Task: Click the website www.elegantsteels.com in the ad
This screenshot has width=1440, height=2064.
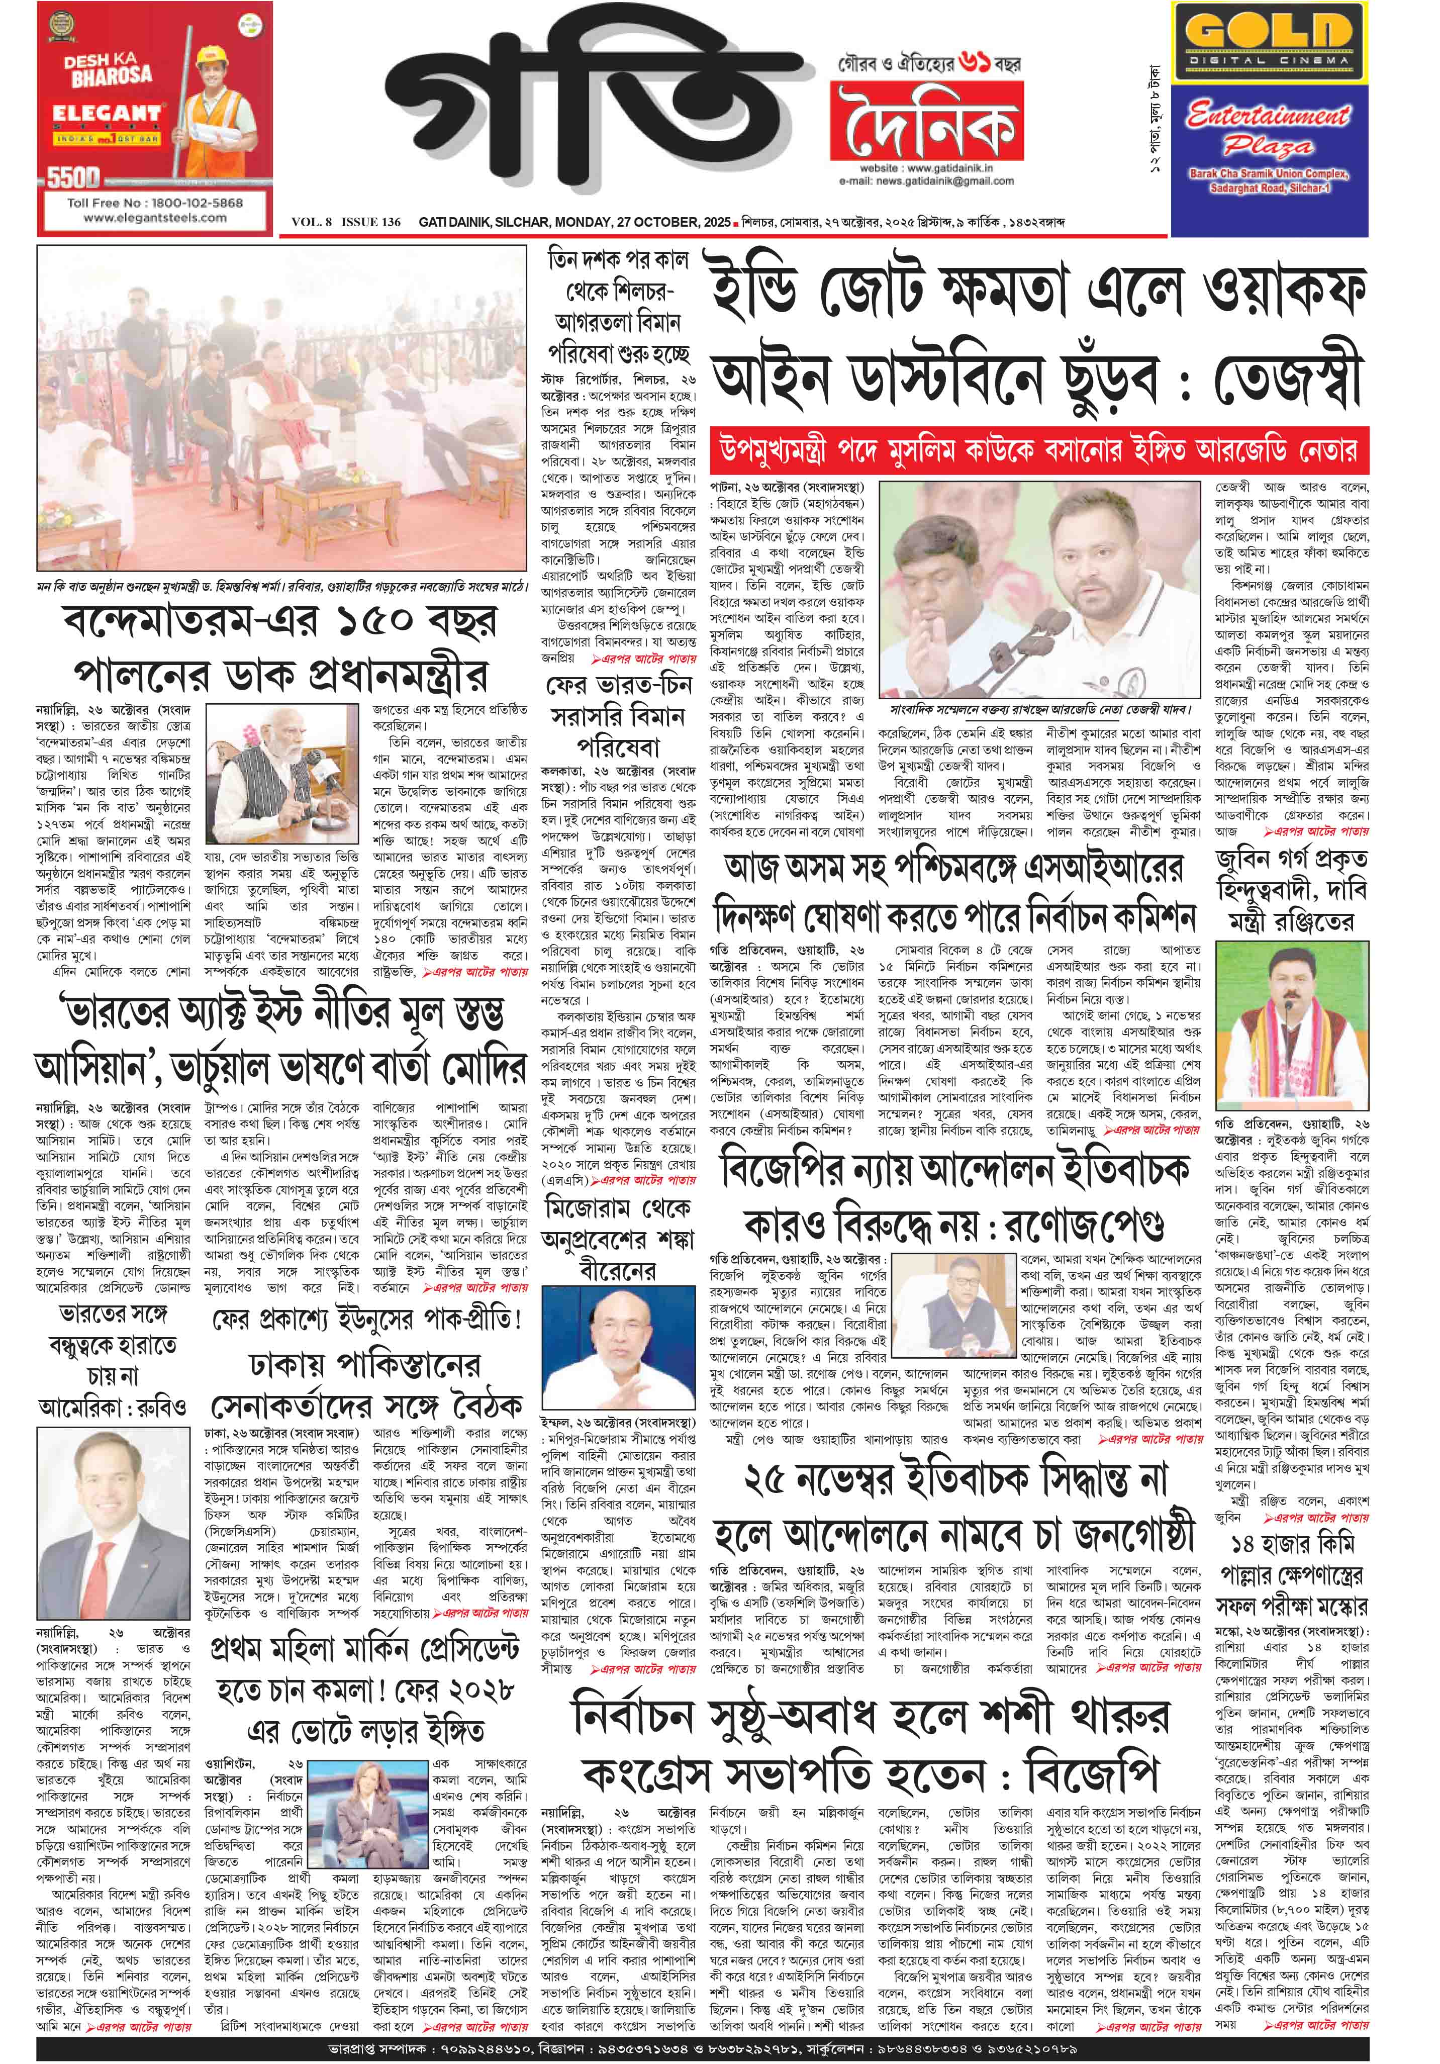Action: pyautogui.click(x=155, y=218)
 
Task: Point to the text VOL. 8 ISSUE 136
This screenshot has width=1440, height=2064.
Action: pyautogui.click(x=346, y=223)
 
